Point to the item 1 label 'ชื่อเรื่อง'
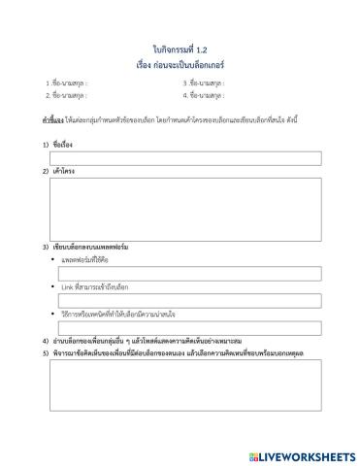click(x=63, y=144)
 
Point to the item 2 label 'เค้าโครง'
click(x=63, y=171)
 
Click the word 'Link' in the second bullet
click(x=67, y=287)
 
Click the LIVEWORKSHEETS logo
click(x=302, y=454)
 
